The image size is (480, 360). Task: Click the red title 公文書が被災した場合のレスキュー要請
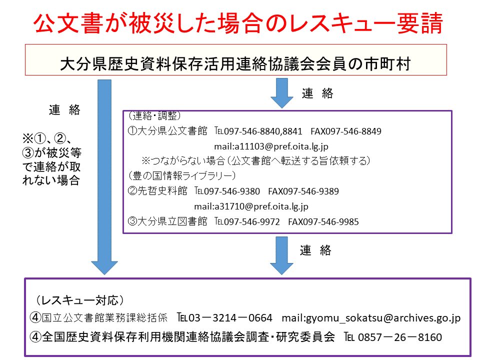[238, 23]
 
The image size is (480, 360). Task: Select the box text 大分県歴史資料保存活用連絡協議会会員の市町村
[235, 63]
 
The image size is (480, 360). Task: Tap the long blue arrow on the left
[104, 177]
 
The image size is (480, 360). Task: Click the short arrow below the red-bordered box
[282, 93]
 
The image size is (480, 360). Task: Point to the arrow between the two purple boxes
[281, 255]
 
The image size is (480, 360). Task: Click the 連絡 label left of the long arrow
[64, 109]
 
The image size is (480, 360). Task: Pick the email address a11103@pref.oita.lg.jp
[281, 146]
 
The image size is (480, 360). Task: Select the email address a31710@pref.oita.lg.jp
[261, 206]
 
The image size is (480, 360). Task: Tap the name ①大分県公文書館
[167, 131]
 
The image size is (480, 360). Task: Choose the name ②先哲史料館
[157, 191]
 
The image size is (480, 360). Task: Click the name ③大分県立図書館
[167, 221]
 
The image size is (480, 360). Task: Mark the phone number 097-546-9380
[231, 191]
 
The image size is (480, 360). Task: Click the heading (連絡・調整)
[154, 115]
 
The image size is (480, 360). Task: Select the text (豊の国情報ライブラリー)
[182, 175]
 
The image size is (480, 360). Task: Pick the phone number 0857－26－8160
[400, 337]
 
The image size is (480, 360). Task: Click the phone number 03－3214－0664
[230, 318]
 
